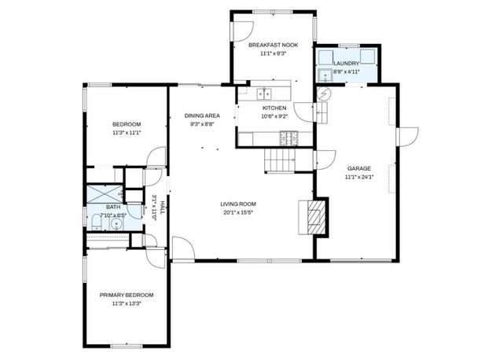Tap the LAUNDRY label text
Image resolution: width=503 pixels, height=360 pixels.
346,63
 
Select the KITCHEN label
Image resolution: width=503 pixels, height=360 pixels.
274,108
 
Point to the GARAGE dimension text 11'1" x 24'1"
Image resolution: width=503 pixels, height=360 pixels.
359,177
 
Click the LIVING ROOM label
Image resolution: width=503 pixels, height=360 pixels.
237,204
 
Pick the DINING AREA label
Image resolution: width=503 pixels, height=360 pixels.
202,116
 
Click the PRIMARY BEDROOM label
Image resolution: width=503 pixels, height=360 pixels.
126,295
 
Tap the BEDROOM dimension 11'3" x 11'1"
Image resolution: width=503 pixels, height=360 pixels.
126,133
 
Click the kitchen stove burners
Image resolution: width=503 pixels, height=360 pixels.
289,138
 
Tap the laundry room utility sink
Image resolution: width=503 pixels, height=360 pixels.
325,76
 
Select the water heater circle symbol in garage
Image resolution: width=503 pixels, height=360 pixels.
324,94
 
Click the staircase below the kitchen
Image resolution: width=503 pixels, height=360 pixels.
278,162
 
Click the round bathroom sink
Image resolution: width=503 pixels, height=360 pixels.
116,223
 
